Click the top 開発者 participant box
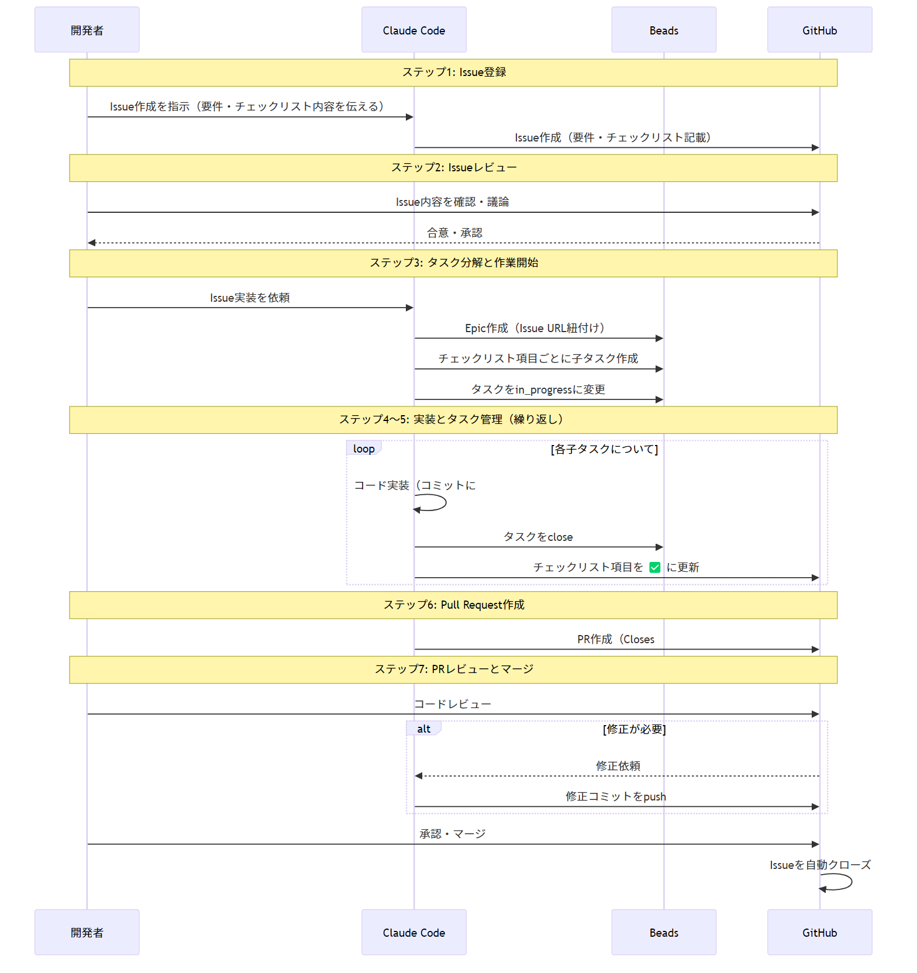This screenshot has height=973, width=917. tap(87, 30)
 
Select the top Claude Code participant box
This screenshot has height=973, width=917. tap(413, 30)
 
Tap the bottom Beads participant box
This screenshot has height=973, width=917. tap(664, 932)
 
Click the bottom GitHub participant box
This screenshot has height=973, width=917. tap(819, 932)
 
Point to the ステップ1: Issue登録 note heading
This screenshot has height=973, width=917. tap(454, 73)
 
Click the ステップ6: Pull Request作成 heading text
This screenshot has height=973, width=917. tap(454, 605)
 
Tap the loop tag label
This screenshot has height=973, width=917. tap(364, 448)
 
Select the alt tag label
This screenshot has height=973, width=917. tap(423, 729)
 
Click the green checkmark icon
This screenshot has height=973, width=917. tap(655, 567)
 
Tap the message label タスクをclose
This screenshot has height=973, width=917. tap(538, 537)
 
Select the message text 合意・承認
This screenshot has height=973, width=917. tap(454, 233)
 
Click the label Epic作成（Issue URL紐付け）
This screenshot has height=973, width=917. tap(535, 328)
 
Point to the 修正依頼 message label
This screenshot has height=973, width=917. tap(618, 765)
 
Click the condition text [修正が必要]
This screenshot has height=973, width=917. tap(634, 729)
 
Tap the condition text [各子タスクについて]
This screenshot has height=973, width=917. tap(604, 449)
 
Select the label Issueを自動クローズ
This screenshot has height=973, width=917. tap(820, 865)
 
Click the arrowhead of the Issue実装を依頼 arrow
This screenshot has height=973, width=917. tap(409, 308)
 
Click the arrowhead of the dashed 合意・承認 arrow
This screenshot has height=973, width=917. tap(92, 243)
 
